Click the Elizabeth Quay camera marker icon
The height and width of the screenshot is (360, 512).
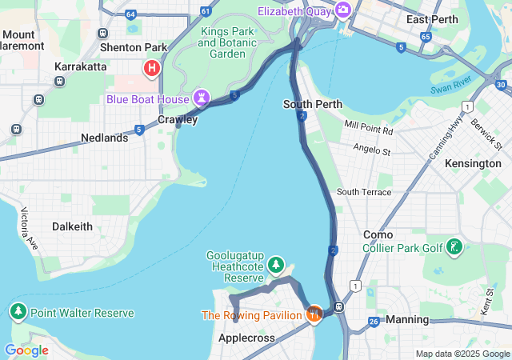pos(343,10)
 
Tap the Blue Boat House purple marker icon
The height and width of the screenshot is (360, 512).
pos(202,98)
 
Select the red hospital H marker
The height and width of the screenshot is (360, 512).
pos(151,69)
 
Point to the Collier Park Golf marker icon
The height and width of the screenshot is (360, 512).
pos(454,247)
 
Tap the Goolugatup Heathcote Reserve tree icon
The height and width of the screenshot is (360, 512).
pos(276,264)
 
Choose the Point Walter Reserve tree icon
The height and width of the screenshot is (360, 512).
pos(18,312)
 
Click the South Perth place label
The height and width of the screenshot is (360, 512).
pos(313,104)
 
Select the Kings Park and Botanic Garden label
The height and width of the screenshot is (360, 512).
pos(228,42)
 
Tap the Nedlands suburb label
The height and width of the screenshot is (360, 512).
pos(104,138)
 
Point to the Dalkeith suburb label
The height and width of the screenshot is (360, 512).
pos(72,226)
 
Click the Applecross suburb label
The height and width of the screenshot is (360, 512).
pos(246,338)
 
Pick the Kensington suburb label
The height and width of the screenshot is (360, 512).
pos(474,163)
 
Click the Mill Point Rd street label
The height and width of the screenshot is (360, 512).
pos(369,128)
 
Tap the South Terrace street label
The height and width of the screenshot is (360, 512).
pos(364,192)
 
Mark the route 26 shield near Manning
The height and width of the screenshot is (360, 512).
pos(374,322)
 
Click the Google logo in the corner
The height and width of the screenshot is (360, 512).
pos(26,350)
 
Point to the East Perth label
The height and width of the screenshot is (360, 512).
pos(432,19)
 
